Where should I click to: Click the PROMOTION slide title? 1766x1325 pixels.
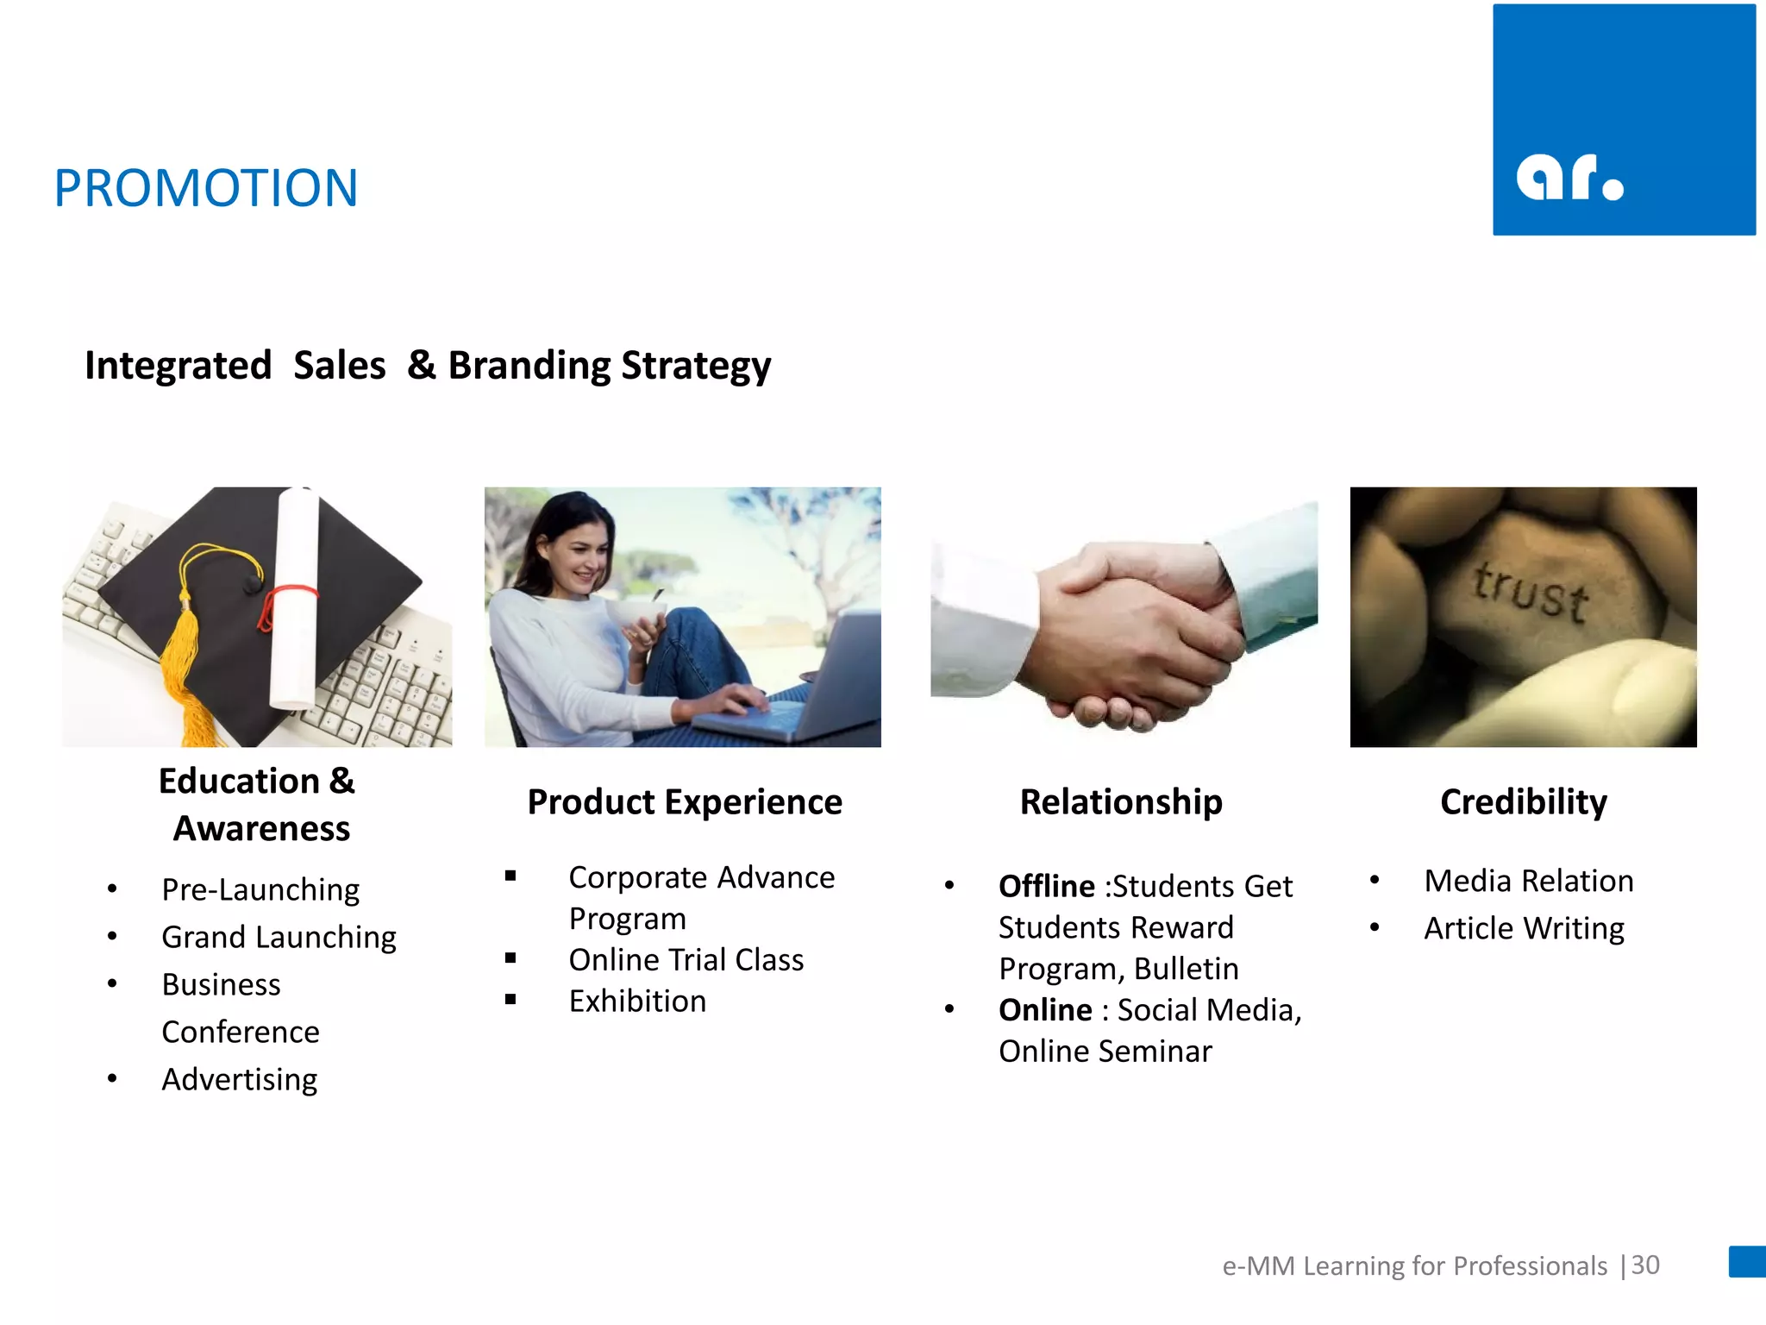(x=205, y=188)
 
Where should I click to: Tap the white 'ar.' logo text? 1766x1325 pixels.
(x=1569, y=178)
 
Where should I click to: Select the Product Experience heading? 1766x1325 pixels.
(x=685, y=802)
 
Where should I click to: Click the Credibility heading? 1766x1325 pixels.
(x=1523, y=802)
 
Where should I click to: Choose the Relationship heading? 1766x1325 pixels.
(x=1120, y=802)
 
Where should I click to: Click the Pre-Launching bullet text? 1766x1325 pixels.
(x=260, y=889)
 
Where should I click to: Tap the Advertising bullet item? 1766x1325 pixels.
(x=240, y=1079)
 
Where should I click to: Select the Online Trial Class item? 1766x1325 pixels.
(x=686, y=960)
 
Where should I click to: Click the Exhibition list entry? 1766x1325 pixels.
(x=637, y=1002)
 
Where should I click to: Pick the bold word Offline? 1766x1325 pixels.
(x=1046, y=887)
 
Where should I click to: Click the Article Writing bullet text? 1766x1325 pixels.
(x=1524, y=929)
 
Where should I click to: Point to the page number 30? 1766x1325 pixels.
(x=1645, y=1265)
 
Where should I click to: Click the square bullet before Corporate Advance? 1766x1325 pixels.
(x=510, y=876)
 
